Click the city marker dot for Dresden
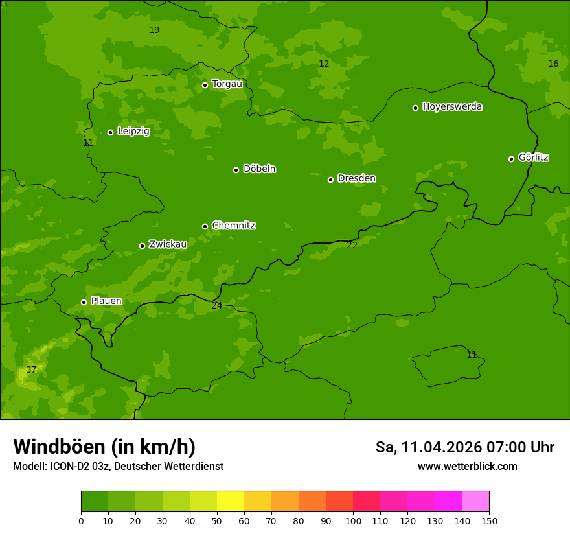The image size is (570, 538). click(x=330, y=180)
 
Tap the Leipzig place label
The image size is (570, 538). click(x=133, y=131)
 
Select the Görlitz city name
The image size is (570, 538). click(x=534, y=158)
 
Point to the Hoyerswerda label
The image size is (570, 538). click(x=452, y=107)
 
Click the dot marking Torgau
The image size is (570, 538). click(x=205, y=85)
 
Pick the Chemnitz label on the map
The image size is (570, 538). click(x=233, y=226)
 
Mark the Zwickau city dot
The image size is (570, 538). click(x=142, y=246)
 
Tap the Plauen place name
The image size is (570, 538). click(x=106, y=301)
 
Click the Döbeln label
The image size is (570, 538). click(x=259, y=169)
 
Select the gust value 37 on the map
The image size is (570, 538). click(x=31, y=370)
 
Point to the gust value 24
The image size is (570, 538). click(x=216, y=305)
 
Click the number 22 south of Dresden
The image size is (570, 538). click(x=352, y=245)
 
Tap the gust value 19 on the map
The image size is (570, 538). click(x=154, y=30)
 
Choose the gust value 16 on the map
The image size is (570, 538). click(x=553, y=64)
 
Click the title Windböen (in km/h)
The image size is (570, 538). click(x=104, y=447)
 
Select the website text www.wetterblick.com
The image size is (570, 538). click(x=467, y=467)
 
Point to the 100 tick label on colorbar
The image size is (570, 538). click(x=353, y=520)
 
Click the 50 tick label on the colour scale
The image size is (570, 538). click(x=217, y=520)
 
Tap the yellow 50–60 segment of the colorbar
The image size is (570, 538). click(x=231, y=502)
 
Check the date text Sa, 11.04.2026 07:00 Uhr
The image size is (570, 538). click(x=464, y=447)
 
